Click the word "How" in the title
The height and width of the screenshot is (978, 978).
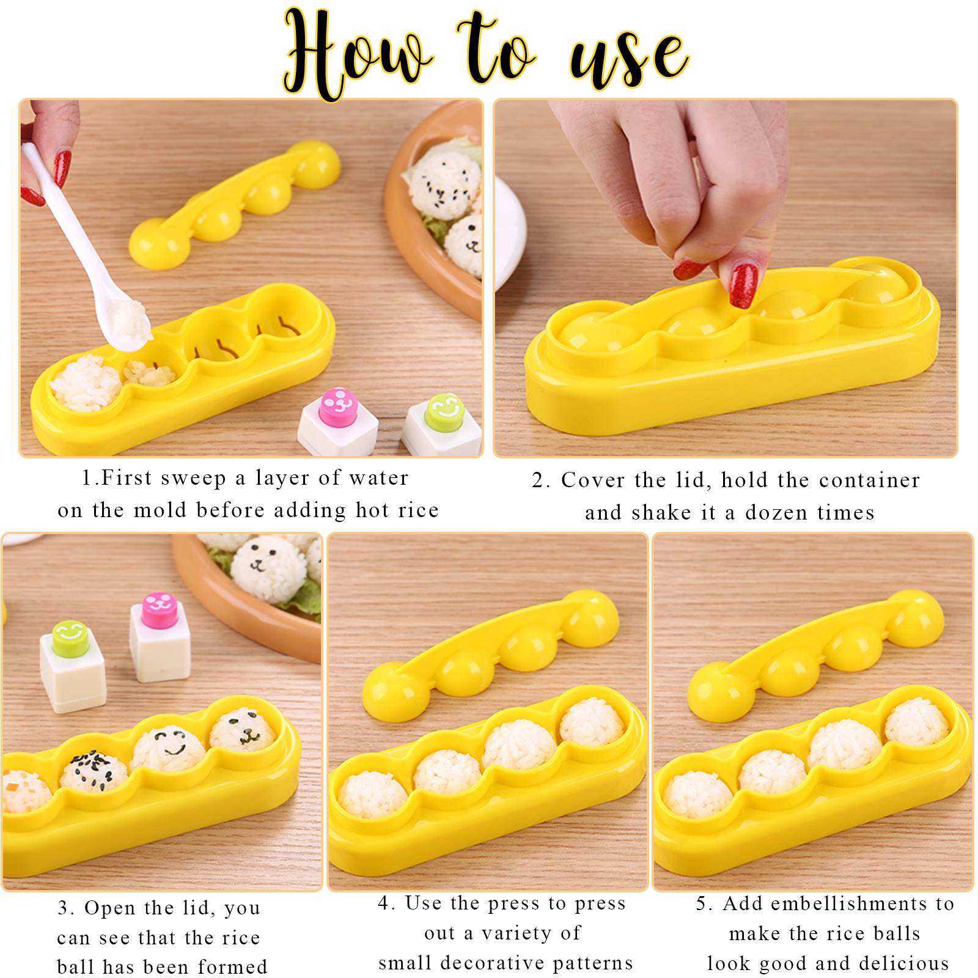(358, 55)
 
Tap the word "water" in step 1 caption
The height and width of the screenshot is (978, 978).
(379, 478)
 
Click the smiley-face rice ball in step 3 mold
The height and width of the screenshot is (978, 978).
(169, 749)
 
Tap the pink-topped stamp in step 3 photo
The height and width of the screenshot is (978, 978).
(160, 638)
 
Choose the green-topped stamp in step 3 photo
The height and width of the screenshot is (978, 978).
(73, 666)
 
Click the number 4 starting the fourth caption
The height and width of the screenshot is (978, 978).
(384, 903)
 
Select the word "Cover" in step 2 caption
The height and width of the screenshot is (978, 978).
(587, 480)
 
